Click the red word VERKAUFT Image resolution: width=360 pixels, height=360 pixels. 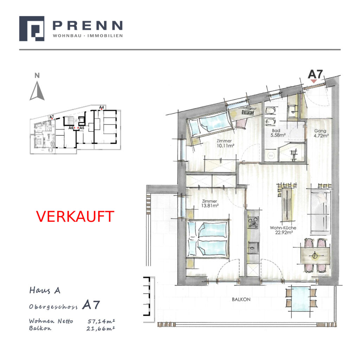75,216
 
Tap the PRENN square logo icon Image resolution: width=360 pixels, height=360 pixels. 32,28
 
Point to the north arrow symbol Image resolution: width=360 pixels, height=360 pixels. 37,91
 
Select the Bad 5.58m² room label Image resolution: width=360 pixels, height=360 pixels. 277,133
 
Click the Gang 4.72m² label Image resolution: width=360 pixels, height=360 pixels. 321,133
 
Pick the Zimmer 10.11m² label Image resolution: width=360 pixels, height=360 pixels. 225,143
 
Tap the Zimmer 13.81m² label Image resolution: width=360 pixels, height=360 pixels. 210,204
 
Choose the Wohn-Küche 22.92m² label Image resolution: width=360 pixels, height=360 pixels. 283,230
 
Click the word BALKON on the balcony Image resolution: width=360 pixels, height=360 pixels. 241,300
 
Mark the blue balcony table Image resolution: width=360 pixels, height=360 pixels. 301,298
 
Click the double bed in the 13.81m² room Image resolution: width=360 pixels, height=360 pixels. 208,239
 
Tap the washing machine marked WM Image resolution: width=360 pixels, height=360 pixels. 271,155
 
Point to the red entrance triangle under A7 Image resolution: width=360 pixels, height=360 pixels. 314,81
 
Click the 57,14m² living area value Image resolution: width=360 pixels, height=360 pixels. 101,321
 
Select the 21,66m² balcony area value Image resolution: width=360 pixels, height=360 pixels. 101,329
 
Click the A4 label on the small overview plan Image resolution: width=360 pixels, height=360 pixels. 102,107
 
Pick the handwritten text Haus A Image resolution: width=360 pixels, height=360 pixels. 45,290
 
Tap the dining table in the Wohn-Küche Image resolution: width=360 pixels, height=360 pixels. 315,256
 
